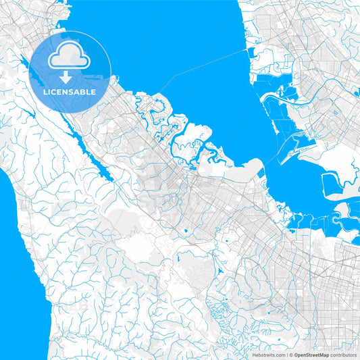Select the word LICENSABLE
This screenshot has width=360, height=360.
click(x=70, y=91)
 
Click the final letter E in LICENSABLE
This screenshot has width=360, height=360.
click(x=93, y=91)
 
